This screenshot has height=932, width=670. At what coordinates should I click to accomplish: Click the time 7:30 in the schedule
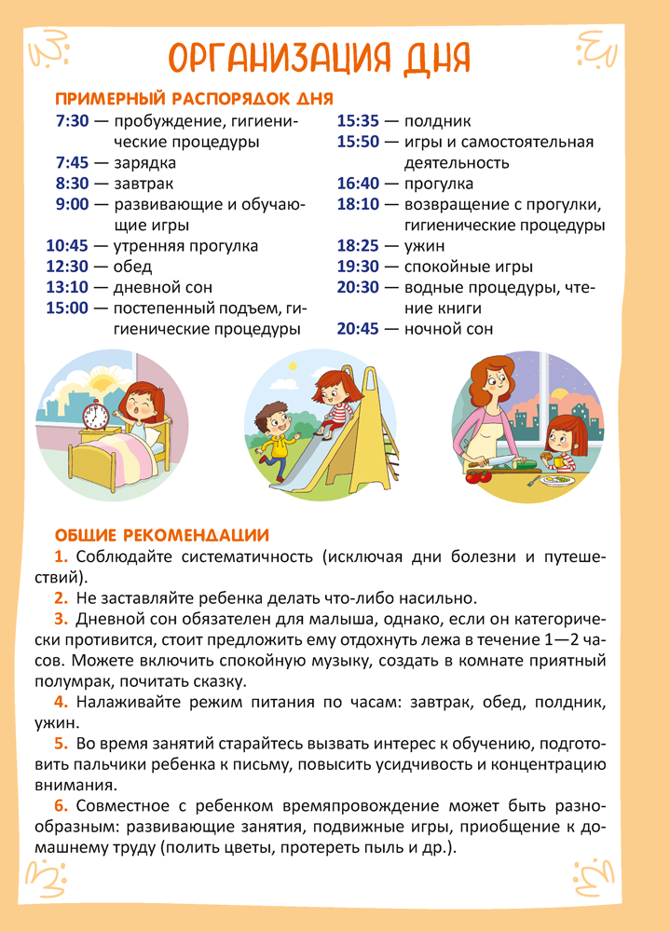click(72, 121)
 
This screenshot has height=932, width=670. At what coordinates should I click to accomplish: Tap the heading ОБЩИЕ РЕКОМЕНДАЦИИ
click(161, 535)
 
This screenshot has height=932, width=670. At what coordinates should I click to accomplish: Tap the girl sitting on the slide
click(334, 401)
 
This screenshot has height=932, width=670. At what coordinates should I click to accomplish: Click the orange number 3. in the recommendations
click(62, 618)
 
